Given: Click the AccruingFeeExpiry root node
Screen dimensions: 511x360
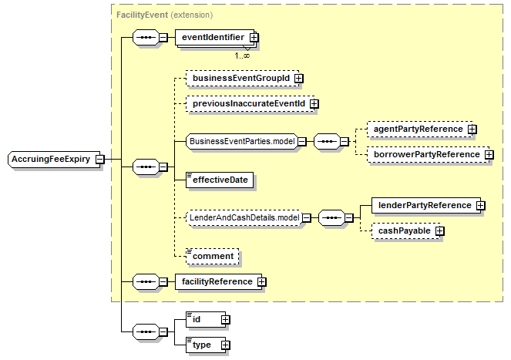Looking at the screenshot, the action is pyautogui.click(x=54, y=160).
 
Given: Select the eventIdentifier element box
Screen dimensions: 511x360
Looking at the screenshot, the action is pyautogui.click(x=215, y=38).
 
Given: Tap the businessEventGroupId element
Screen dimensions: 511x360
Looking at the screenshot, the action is pyautogui.click(x=243, y=79).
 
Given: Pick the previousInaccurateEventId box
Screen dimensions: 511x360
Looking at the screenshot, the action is pyautogui.click(x=250, y=104).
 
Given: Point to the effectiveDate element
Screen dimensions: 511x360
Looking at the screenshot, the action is pyautogui.click(x=220, y=180).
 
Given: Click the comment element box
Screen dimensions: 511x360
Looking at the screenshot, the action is pyautogui.click(x=213, y=256).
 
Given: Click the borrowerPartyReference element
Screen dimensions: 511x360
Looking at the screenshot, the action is pyautogui.click(x=429, y=155).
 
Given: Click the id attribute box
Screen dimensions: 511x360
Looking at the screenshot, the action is pyautogui.click(x=206, y=320).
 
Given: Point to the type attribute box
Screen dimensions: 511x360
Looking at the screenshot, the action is pyautogui.click(x=206, y=345).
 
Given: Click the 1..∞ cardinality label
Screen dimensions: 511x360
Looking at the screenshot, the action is pyautogui.click(x=242, y=56).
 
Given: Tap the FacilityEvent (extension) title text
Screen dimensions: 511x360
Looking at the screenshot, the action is pyautogui.click(x=165, y=15).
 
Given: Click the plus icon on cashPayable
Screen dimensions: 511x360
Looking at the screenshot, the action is pyautogui.click(x=440, y=231).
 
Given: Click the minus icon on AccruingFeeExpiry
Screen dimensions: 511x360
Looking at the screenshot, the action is pyautogui.click(x=100, y=160).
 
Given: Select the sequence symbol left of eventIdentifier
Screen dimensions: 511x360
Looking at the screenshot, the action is pyautogui.click(x=146, y=38).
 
